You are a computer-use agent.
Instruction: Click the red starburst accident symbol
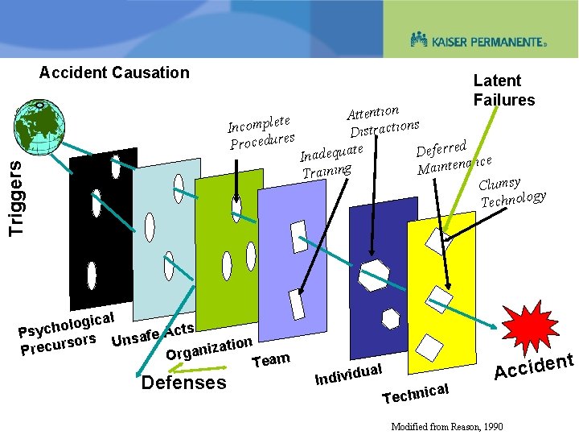[x=528, y=325]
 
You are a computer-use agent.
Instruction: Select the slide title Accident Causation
[x=114, y=72]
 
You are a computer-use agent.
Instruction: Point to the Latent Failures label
[x=503, y=90]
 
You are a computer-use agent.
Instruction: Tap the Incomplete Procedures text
[x=261, y=133]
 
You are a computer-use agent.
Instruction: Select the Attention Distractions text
[x=381, y=120]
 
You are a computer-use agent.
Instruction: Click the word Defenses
[x=183, y=382]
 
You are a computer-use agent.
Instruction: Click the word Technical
[x=415, y=393]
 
